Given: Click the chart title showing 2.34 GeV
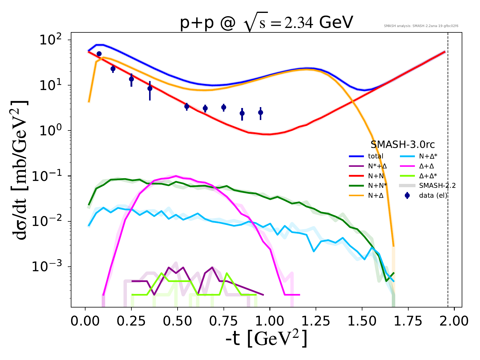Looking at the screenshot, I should pyautogui.click(x=266, y=23).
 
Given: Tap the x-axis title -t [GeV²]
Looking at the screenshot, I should pyautogui.click(x=266, y=339).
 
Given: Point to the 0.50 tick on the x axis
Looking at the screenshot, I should pyautogui.click(x=177, y=321).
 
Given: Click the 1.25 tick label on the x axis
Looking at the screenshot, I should pyautogui.click(x=316, y=321).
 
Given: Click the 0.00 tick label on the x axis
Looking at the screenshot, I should pyautogui.click(x=85, y=321).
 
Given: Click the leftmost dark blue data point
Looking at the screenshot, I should pyautogui.click(x=99, y=54).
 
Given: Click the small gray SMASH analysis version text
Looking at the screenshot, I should pyautogui.click(x=421, y=26).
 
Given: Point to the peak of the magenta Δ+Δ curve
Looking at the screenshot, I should pyautogui.click(x=176, y=176).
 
